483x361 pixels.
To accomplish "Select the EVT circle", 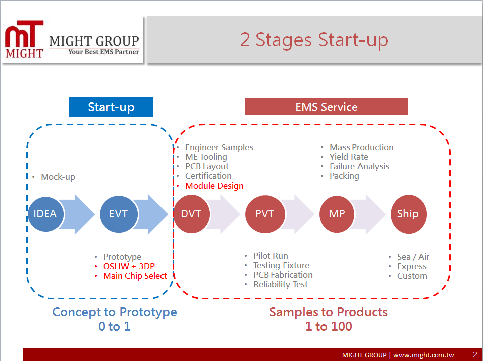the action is pos(119,214).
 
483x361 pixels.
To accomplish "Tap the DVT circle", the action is pos(192,214).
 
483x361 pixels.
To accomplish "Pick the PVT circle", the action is pos(265,214).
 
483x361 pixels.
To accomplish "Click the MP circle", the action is pos(337,214).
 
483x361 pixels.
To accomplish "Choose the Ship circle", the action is pos(408,214).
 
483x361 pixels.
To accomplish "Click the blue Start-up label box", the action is pos(111,107).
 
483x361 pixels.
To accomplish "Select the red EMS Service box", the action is pos(327,107).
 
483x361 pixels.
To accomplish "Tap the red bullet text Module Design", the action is pos(214,186).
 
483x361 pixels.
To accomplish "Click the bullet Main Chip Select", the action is pos(135,276).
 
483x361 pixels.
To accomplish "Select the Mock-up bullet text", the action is pos(58,177).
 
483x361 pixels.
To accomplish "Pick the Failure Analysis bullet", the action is pos(359,166).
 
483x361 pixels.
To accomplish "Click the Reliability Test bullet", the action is pos(280,285).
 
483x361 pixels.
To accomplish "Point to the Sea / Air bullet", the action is pos(413,257).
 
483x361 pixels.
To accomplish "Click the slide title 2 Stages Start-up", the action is pos(314,40).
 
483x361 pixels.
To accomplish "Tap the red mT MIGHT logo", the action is pos(24,39).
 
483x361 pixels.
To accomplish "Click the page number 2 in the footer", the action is pos(475,355).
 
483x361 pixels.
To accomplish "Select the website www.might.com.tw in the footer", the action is pos(423,355).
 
